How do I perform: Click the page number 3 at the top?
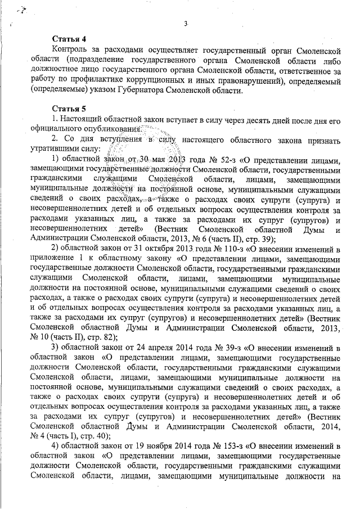(x=185, y=22)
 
